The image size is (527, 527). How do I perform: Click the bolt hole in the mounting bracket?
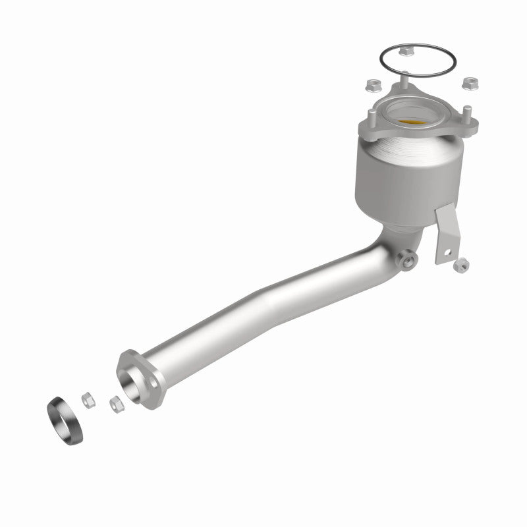pyautogui.click(x=445, y=251)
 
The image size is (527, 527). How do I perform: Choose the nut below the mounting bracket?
pyautogui.click(x=462, y=265)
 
